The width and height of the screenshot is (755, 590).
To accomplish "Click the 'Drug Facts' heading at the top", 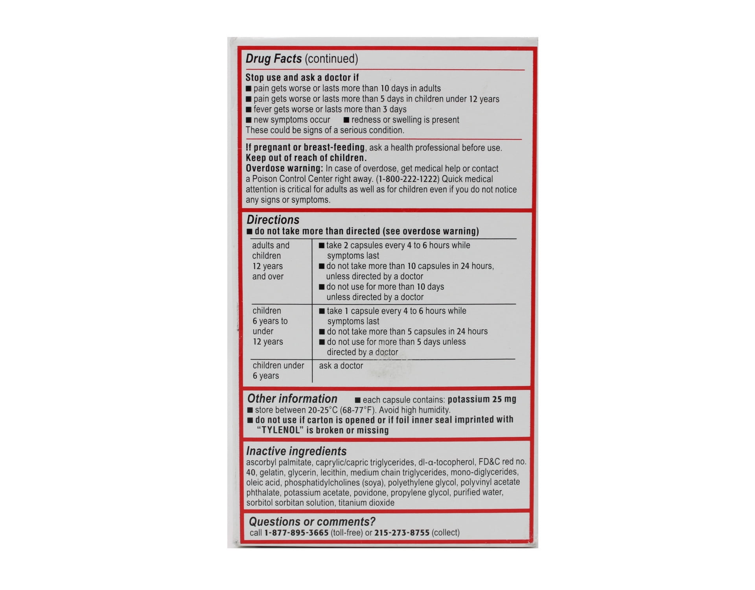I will (x=274, y=59).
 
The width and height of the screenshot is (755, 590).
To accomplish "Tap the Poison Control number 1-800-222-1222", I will (x=408, y=179).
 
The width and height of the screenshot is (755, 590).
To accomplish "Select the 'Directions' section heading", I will (x=273, y=220).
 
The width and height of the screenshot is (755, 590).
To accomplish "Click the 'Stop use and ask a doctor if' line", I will (x=302, y=77).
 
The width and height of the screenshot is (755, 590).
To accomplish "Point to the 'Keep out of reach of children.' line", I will (x=306, y=158).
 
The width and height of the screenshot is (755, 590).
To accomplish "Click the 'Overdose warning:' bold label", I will (x=284, y=169).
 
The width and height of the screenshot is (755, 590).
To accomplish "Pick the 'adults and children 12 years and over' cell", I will (x=271, y=261).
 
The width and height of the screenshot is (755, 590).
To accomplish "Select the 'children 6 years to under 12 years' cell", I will (x=270, y=326).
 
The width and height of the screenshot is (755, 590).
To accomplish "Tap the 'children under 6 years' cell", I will (x=278, y=371).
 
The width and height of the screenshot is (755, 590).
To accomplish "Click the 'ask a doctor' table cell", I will (x=341, y=366).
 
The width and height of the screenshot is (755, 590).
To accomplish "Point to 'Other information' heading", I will (x=292, y=399).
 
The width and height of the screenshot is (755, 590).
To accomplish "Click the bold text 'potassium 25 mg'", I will (x=482, y=400).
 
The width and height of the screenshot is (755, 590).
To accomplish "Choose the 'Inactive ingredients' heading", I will (x=296, y=451).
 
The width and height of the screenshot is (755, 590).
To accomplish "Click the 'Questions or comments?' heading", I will (x=312, y=522).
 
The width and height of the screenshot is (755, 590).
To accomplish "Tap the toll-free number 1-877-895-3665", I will (x=296, y=533).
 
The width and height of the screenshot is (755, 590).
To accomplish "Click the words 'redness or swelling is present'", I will (x=405, y=120).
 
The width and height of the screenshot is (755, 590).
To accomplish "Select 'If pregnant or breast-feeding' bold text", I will (x=305, y=147).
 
